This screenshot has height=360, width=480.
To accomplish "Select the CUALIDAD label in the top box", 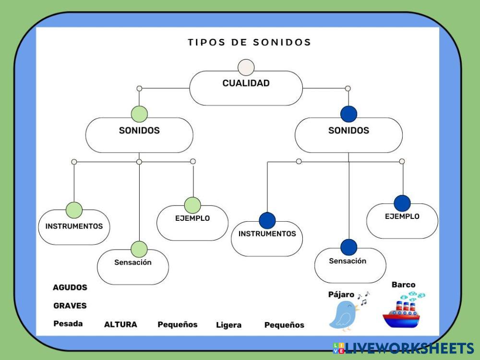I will [246, 83].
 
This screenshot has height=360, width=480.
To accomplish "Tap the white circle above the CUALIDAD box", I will [246, 67].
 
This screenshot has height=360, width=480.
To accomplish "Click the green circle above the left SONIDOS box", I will [139, 114].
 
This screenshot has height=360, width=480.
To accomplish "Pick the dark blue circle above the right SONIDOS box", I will [348, 114].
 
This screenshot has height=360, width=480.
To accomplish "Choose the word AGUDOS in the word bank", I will [70, 288].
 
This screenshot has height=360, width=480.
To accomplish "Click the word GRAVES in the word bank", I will [70, 305].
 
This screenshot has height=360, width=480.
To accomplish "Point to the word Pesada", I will [68, 324].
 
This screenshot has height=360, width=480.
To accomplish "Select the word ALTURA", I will [120, 324].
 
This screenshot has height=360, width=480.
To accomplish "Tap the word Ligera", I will [228, 325].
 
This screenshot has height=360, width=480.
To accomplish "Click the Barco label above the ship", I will [403, 285].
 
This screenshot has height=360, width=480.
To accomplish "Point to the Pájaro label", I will [341, 294].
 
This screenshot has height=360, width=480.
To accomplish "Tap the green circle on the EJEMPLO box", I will [192, 205].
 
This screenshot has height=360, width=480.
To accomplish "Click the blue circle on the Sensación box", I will [349, 247].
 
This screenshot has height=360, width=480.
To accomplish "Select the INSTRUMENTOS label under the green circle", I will [74, 226].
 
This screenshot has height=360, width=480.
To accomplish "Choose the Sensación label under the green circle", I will [133, 263].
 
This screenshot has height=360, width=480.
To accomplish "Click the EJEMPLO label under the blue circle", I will [402, 216].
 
